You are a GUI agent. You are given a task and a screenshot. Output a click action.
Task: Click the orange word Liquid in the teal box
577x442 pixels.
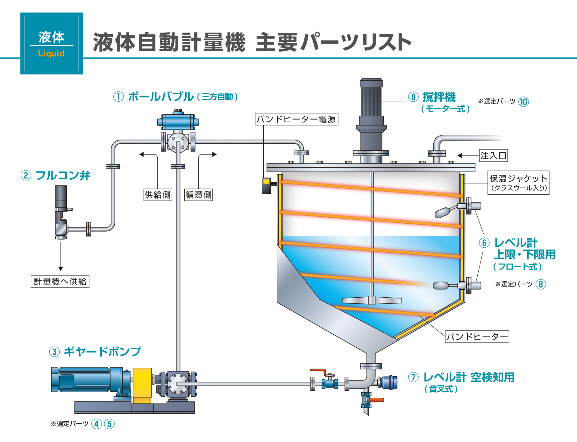pyautogui.click(x=51, y=53)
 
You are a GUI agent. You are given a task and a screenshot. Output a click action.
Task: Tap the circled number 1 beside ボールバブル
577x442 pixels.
pyautogui.click(x=118, y=97)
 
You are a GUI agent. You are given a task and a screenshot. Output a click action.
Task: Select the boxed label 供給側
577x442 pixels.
pyautogui.click(x=158, y=195)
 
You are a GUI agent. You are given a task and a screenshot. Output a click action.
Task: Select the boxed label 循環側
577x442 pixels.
pyautogui.click(x=198, y=195)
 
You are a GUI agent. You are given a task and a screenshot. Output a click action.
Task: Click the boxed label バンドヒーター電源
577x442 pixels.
pyautogui.click(x=296, y=119)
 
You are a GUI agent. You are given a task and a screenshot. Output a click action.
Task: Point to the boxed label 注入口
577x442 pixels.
pyautogui.click(x=493, y=156)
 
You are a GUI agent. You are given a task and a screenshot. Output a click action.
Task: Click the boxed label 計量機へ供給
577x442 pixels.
pyautogui.click(x=60, y=282)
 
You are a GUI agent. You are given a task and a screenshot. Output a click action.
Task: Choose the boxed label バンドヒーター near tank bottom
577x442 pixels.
pyautogui.click(x=477, y=337)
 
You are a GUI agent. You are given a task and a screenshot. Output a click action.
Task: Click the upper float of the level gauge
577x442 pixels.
pyautogui.click(x=443, y=212)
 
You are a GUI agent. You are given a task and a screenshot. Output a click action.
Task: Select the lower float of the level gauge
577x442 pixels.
pyautogui.click(x=441, y=285)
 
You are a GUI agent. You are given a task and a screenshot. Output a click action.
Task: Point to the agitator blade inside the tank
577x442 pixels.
pyautogui.click(x=371, y=300)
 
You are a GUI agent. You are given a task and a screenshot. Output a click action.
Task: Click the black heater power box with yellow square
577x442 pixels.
pyautogui.click(x=266, y=186)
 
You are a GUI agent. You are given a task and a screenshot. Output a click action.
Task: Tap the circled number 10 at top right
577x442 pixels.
pyautogui.click(x=524, y=102)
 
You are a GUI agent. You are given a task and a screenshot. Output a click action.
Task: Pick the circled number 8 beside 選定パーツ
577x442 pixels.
pyautogui.click(x=541, y=284)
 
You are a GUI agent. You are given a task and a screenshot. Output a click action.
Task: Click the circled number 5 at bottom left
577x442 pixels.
pyautogui.click(x=109, y=424)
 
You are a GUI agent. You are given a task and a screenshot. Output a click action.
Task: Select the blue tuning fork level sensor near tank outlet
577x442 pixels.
pyautogui.click(x=389, y=382)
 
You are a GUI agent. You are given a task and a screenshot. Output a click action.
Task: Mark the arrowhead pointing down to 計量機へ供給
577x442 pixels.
pyautogui.click(x=61, y=269)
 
